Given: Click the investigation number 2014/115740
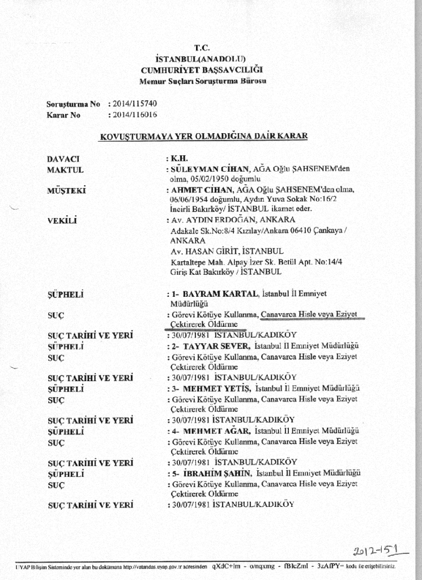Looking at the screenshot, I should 136,104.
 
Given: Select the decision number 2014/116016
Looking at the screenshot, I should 136,114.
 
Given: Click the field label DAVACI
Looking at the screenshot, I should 63,159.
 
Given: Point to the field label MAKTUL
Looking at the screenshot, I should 65,169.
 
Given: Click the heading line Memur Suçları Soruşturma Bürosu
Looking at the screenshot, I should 203,81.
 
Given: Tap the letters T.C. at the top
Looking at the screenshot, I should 202,48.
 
